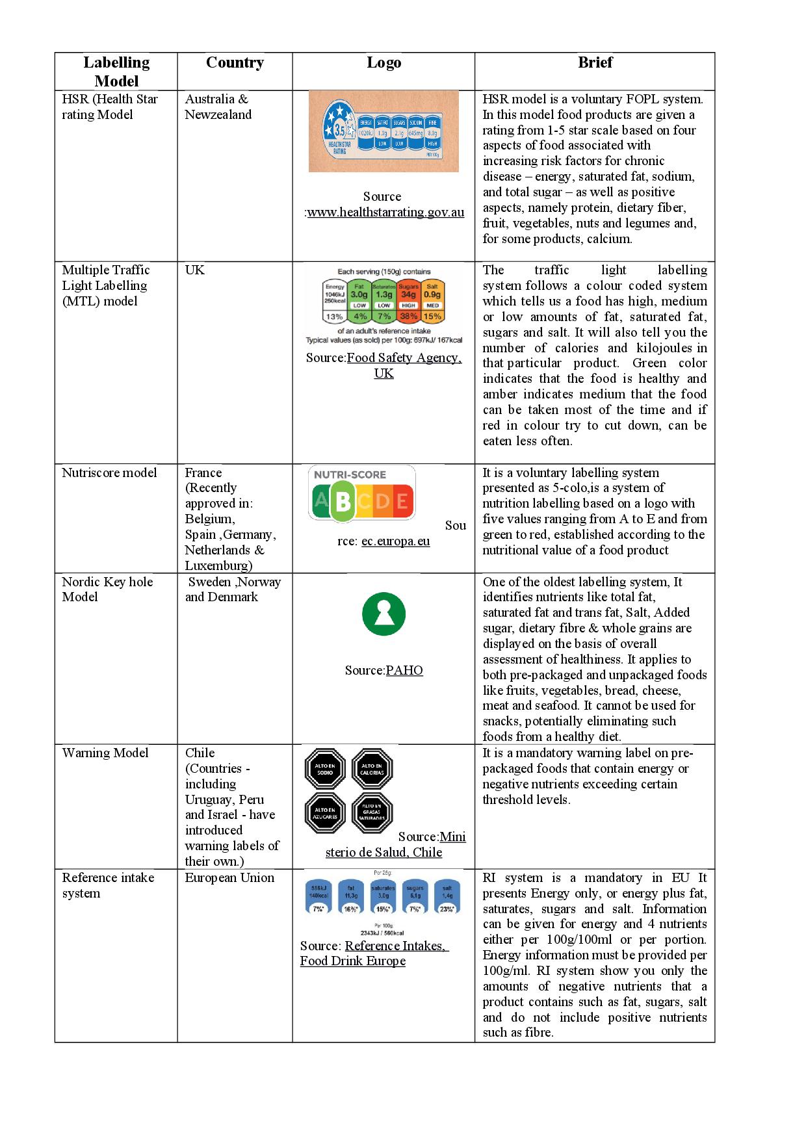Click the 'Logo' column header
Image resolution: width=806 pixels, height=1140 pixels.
(x=383, y=63)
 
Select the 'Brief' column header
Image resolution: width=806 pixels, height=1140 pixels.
(x=595, y=63)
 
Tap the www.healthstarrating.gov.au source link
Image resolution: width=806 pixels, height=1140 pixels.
(x=385, y=212)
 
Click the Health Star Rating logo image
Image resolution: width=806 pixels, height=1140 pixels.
(x=383, y=131)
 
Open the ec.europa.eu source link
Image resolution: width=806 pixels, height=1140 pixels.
(x=395, y=541)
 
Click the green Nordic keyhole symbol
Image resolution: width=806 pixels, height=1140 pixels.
(x=383, y=614)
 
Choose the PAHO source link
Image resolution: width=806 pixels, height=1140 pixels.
(x=404, y=670)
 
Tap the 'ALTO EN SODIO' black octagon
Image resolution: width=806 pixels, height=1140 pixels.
(x=325, y=770)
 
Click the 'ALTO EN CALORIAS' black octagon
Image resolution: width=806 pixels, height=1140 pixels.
(x=372, y=770)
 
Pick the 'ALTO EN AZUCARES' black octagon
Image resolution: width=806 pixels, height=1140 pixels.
(x=325, y=813)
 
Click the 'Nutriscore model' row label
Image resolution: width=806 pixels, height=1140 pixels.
(x=109, y=473)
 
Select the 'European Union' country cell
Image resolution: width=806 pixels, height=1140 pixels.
(x=229, y=877)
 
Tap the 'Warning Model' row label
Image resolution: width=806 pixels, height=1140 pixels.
(x=105, y=753)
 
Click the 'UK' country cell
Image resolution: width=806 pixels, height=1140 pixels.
(x=194, y=270)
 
